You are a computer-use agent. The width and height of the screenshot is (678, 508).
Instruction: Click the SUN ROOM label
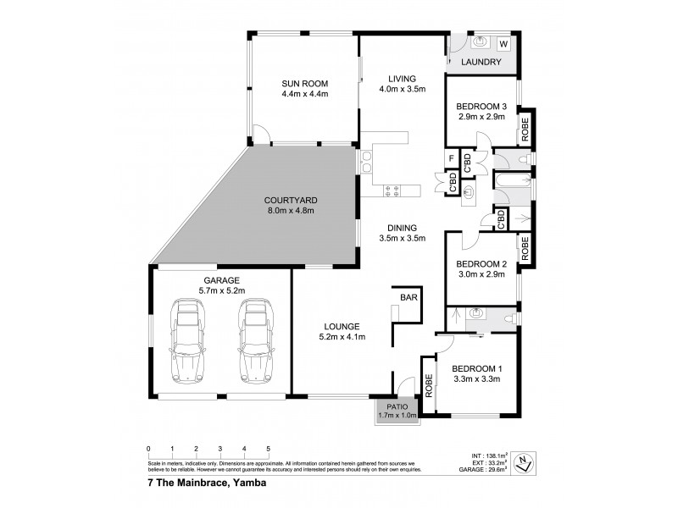(304, 83)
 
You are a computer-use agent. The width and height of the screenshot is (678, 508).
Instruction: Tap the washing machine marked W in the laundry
(503, 43)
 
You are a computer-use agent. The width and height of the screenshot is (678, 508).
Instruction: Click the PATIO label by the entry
(397, 406)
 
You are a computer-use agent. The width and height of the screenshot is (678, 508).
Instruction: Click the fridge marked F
(452, 158)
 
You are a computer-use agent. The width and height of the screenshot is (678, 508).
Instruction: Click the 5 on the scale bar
(269, 449)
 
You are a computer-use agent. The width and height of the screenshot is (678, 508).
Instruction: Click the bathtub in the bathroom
(511, 182)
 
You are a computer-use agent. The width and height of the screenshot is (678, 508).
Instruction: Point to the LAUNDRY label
(481, 63)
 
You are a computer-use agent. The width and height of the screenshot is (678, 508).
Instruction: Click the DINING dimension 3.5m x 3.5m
(403, 239)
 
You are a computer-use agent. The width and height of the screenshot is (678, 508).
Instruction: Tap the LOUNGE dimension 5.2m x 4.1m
(342, 337)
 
